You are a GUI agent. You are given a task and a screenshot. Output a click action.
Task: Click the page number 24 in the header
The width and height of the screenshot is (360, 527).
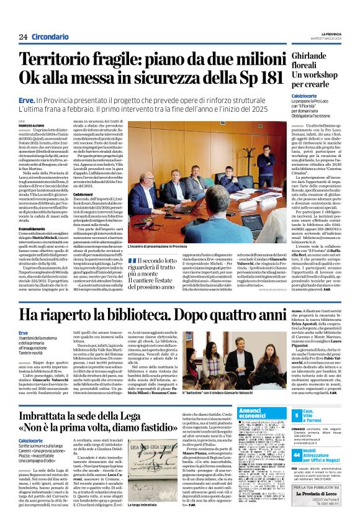(23, 37)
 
